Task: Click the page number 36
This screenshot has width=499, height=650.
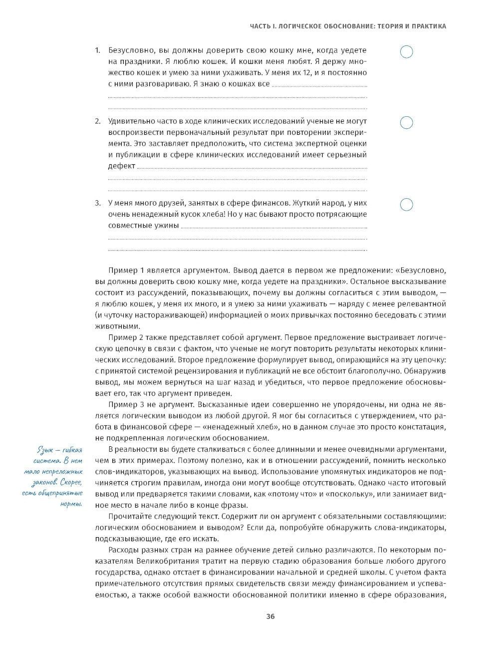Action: pyautogui.click(x=270, y=616)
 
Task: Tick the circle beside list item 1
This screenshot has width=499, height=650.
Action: pyautogui.click(x=407, y=51)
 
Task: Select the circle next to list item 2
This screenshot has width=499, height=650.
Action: pyautogui.click(x=407, y=123)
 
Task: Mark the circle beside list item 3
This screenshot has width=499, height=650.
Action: pyautogui.click(x=407, y=205)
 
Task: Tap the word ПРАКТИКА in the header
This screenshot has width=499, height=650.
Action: pyautogui.click(x=429, y=26)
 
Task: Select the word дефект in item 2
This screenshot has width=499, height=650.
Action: pyautogui.click(x=121, y=166)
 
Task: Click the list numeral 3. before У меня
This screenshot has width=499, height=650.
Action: pyautogui.click(x=98, y=203)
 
